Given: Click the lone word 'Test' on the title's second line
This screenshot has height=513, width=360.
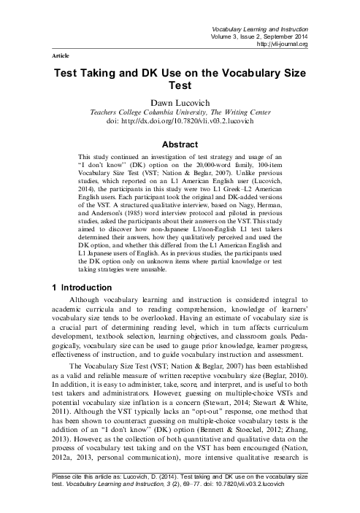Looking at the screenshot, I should click(180, 88).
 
